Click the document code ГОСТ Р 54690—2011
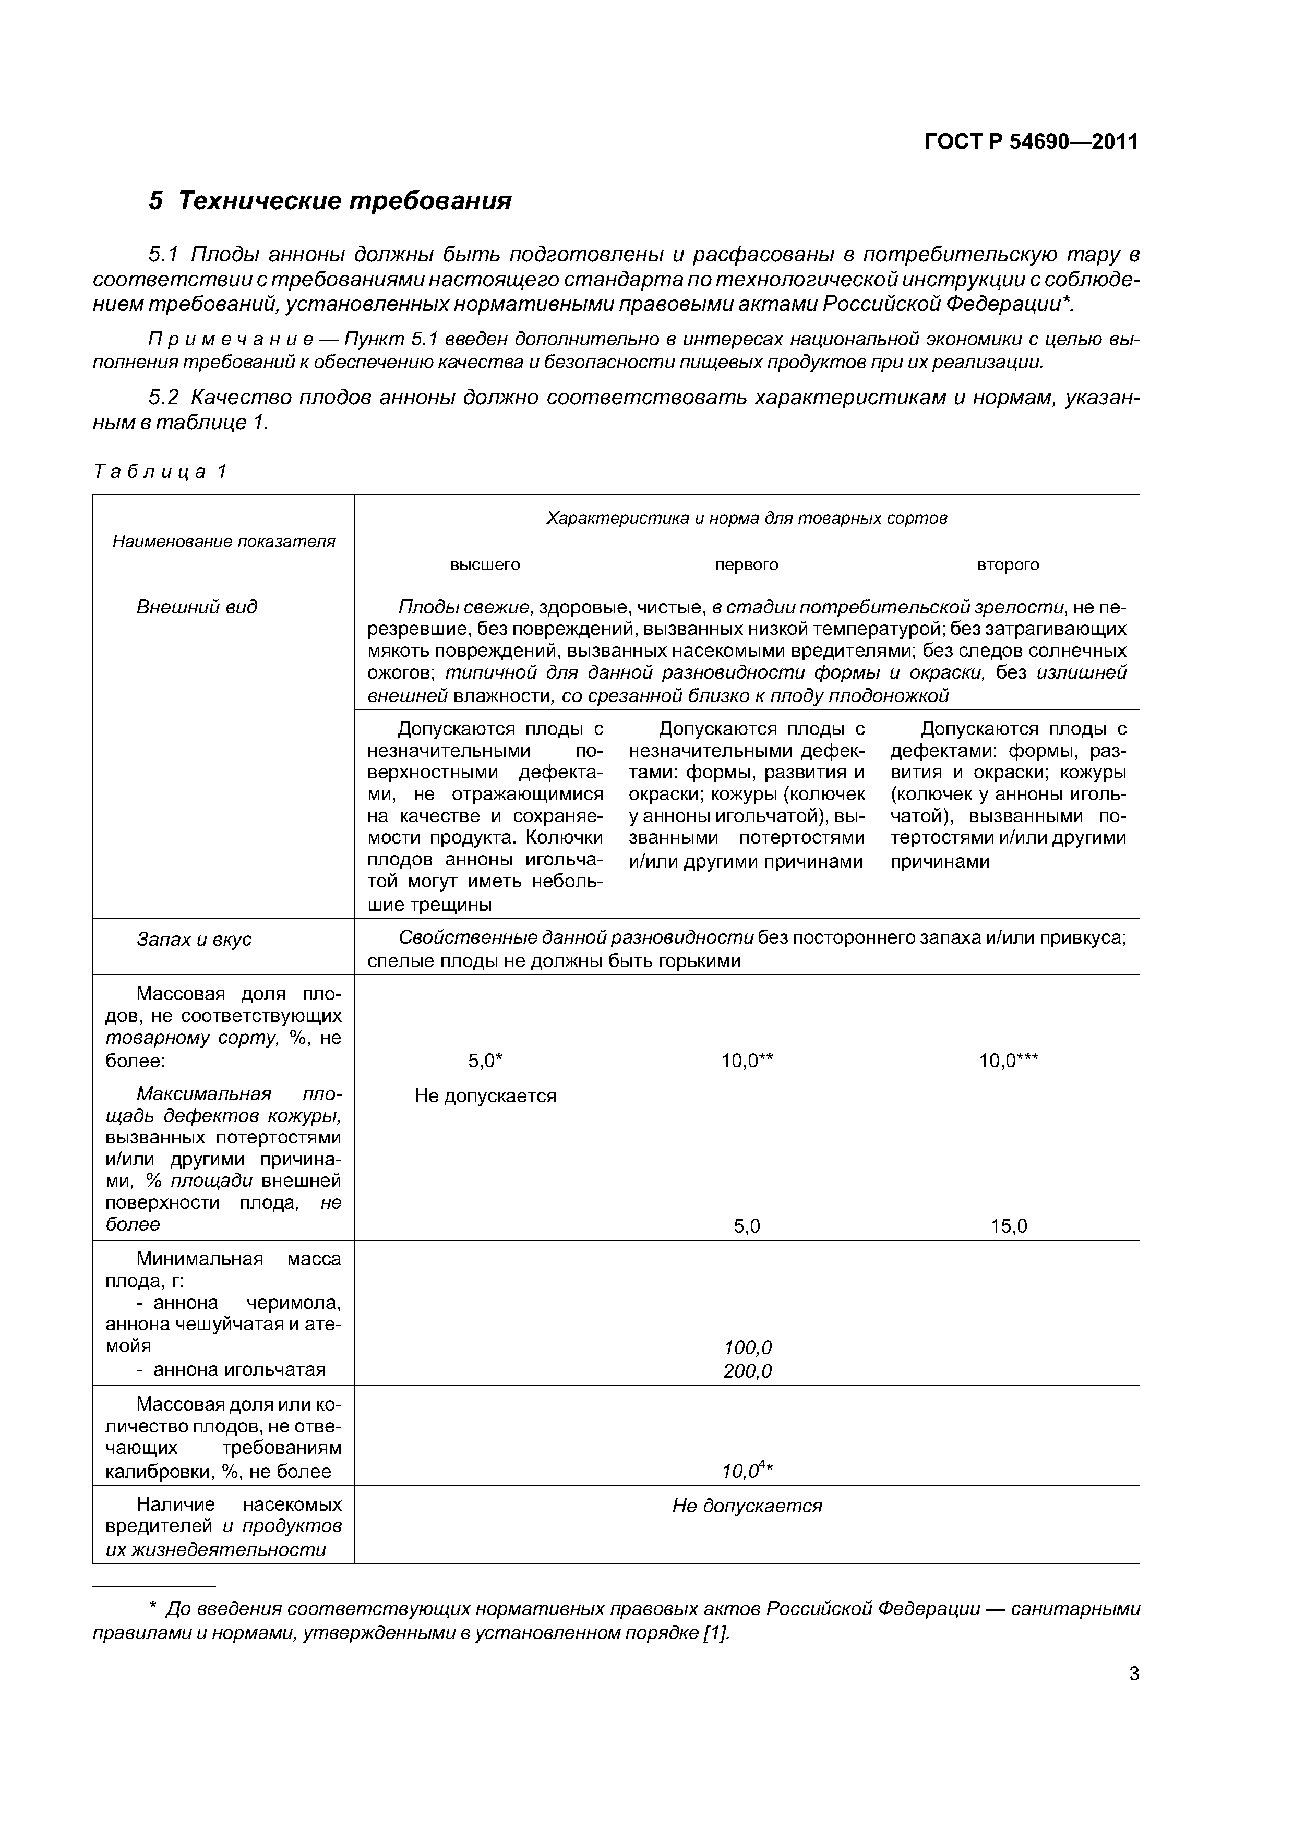[x=1031, y=142]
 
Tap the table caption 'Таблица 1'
[x=160, y=472]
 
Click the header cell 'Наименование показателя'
[x=223, y=542]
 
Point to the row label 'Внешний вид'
[x=197, y=607]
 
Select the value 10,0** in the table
[x=747, y=1061]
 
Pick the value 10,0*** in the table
[x=1009, y=1061]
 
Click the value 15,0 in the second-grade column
[x=1009, y=1226]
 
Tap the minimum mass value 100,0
[x=747, y=1348]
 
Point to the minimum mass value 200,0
[x=747, y=1371]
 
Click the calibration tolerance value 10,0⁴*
[x=747, y=1471]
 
